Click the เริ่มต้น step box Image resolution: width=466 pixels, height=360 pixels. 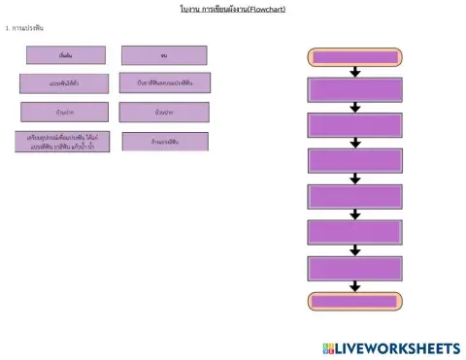65,55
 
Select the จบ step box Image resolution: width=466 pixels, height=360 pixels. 163,55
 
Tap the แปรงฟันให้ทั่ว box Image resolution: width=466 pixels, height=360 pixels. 65,83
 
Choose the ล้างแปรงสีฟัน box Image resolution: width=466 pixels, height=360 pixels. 164,142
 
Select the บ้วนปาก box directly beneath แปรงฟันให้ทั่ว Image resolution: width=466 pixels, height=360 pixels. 65,112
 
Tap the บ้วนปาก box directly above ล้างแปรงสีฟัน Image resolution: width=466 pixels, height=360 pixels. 164,113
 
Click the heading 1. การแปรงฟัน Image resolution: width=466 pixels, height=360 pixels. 25,28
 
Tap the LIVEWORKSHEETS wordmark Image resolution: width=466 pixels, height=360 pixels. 399,347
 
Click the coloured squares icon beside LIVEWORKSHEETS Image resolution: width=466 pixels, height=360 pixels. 330,347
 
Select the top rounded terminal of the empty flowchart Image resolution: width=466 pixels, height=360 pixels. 354,56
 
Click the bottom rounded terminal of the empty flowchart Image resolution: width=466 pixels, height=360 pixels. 354,302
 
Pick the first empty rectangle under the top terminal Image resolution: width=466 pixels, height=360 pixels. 354,90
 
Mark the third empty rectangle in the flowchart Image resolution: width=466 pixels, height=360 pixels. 354,161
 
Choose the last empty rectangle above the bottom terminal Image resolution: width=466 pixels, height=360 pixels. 354,268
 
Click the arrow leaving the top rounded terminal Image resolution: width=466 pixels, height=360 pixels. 355,72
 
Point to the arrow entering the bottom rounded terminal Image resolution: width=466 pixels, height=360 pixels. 355,286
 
